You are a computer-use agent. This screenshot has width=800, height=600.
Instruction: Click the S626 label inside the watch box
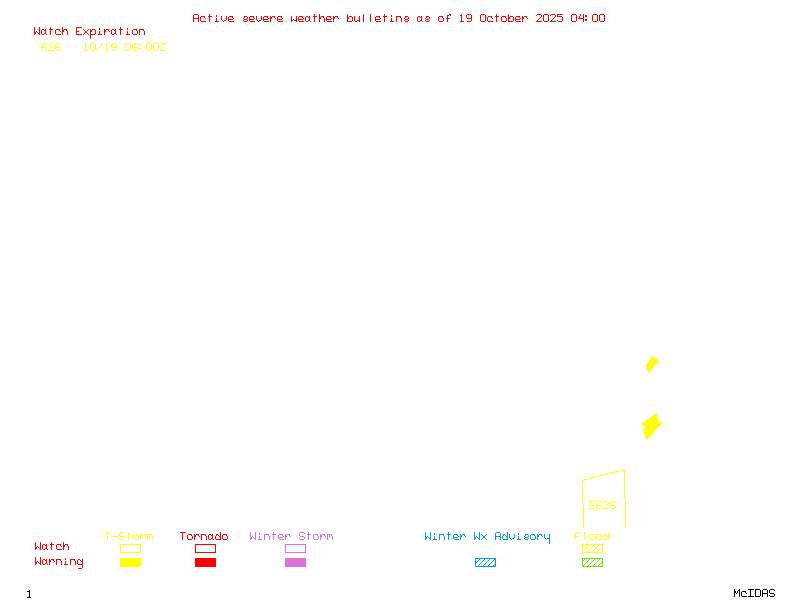pyautogui.click(x=602, y=505)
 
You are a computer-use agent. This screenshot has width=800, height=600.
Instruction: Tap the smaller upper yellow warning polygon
pyautogui.click(x=652, y=364)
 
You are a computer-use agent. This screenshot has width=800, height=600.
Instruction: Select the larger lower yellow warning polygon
pyautogui.click(x=652, y=427)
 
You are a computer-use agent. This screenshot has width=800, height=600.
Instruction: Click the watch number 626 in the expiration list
pyautogui.click(x=51, y=47)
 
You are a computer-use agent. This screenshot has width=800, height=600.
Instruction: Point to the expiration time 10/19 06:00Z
pyautogui.click(x=124, y=47)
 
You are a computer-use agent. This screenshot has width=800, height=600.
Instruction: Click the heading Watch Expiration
pyautogui.click(x=89, y=32)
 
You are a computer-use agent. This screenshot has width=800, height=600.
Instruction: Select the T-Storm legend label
pyautogui.click(x=129, y=537)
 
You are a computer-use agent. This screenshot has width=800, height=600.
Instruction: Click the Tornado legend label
pyautogui.click(x=204, y=537)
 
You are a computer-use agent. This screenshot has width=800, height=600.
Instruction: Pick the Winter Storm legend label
pyautogui.click(x=291, y=537)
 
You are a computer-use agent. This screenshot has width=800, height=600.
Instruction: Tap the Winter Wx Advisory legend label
pyautogui.click(x=487, y=537)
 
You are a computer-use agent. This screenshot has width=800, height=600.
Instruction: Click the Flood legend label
pyautogui.click(x=592, y=537)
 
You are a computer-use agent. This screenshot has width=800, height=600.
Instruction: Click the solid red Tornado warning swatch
pyautogui.click(x=205, y=563)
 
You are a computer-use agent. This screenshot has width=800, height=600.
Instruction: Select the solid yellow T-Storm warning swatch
pyautogui.click(x=130, y=563)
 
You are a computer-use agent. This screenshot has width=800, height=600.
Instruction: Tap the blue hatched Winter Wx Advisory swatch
pyautogui.click(x=485, y=563)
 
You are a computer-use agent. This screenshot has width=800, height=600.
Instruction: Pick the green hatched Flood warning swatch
pyautogui.click(x=592, y=563)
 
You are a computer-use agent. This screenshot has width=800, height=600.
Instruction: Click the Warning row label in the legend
pyautogui.click(x=59, y=562)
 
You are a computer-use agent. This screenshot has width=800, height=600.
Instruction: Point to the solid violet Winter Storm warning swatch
pyautogui.click(x=295, y=563)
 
